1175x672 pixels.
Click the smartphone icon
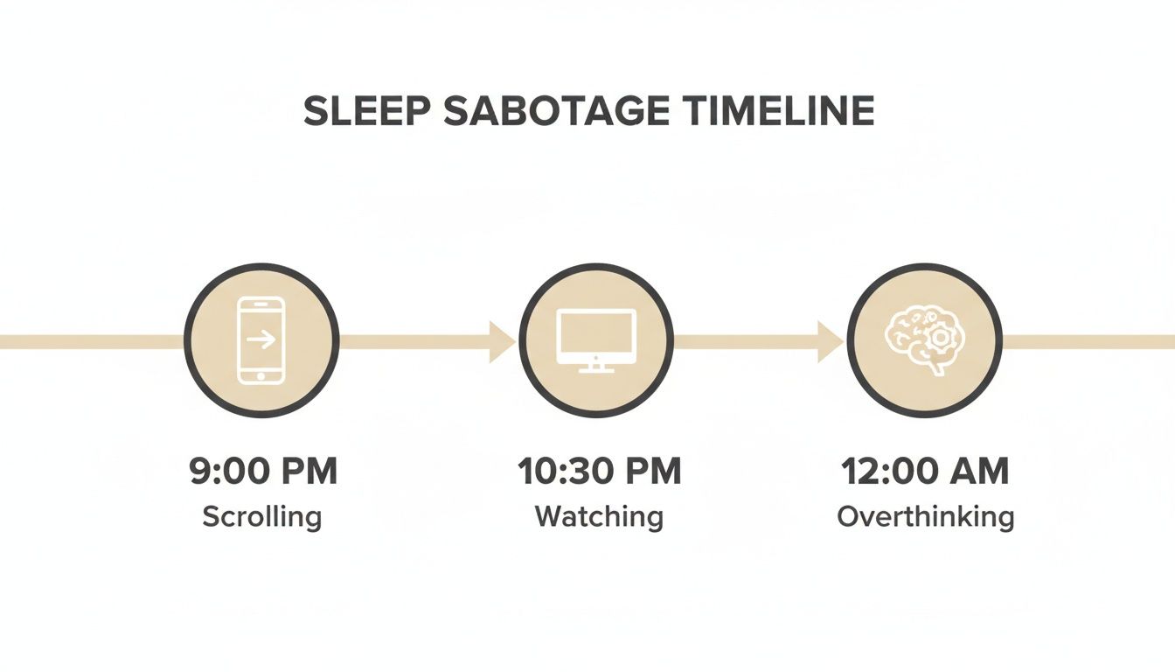[x=261, y=339]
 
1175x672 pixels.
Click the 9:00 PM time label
[x=262, y=472]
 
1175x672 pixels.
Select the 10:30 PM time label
[x=599, y=472]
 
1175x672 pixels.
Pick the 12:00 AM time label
[x=925, y=472]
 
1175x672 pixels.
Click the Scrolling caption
[x=262, y=516]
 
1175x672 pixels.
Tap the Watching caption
[x=599, y=516]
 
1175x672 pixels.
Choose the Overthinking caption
[x=925, y=516]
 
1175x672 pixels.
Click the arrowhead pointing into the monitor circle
[x=502, y=341]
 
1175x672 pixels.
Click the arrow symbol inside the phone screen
[x=261, y=338]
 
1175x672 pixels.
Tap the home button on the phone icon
[x=261, y=374]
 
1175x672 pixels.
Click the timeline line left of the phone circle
[x=87, y=341]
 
